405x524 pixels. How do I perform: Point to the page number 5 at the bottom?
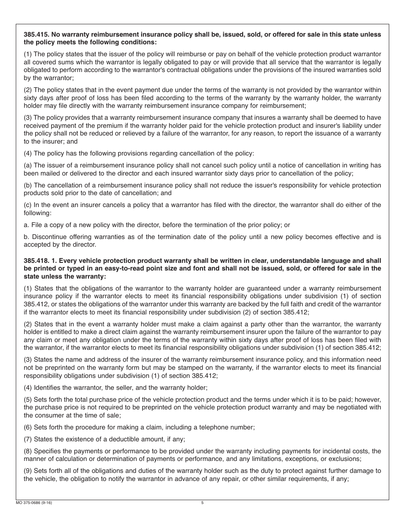pos(202,503)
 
